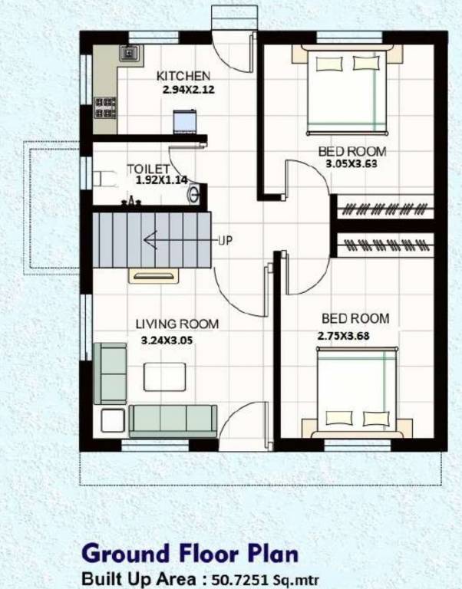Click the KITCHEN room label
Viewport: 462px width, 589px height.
183,76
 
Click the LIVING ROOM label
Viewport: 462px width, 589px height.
177,324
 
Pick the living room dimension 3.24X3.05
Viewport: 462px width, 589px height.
167,339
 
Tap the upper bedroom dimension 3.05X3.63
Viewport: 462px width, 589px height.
351,163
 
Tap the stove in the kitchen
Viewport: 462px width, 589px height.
104,107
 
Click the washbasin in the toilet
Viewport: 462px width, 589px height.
196,192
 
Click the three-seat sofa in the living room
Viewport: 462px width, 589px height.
172,420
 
